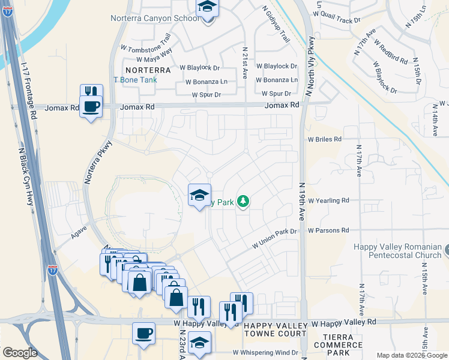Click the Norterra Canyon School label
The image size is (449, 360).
click(x=154, y=18)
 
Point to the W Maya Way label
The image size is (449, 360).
click(x=154, y=59)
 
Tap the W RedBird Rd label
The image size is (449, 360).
click(x=391, y=53)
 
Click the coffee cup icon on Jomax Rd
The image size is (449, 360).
click(x=91, y=107)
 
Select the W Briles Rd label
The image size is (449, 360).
click(x=325, y=139)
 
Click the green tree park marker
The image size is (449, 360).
click(x=243, y=202)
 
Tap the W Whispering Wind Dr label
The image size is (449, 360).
click(x=265, y=352)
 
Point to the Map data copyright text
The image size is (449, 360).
click(x=411, y=355)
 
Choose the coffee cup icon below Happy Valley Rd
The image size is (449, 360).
click(x=143, y=333)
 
